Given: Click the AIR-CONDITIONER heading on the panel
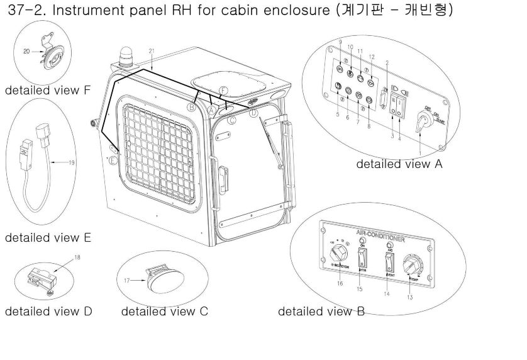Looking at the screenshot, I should point(380,236).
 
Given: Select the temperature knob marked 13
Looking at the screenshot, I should point(416,265).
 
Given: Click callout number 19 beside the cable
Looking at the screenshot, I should point(70,162).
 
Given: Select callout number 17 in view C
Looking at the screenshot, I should point(126,280).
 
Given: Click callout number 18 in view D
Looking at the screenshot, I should point(77,257).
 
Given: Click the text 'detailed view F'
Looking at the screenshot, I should point(48,90).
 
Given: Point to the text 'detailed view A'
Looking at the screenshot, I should point(399,164).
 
